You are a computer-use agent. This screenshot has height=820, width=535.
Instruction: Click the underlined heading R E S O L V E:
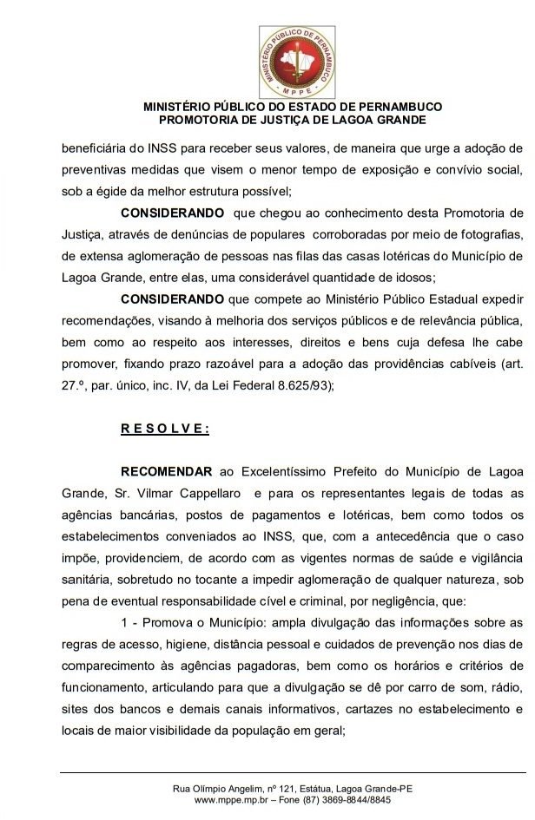pyautogui.click(x=165, y=428)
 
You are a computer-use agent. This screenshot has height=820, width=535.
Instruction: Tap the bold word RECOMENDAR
pyautogui.click(x=166, y=472)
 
